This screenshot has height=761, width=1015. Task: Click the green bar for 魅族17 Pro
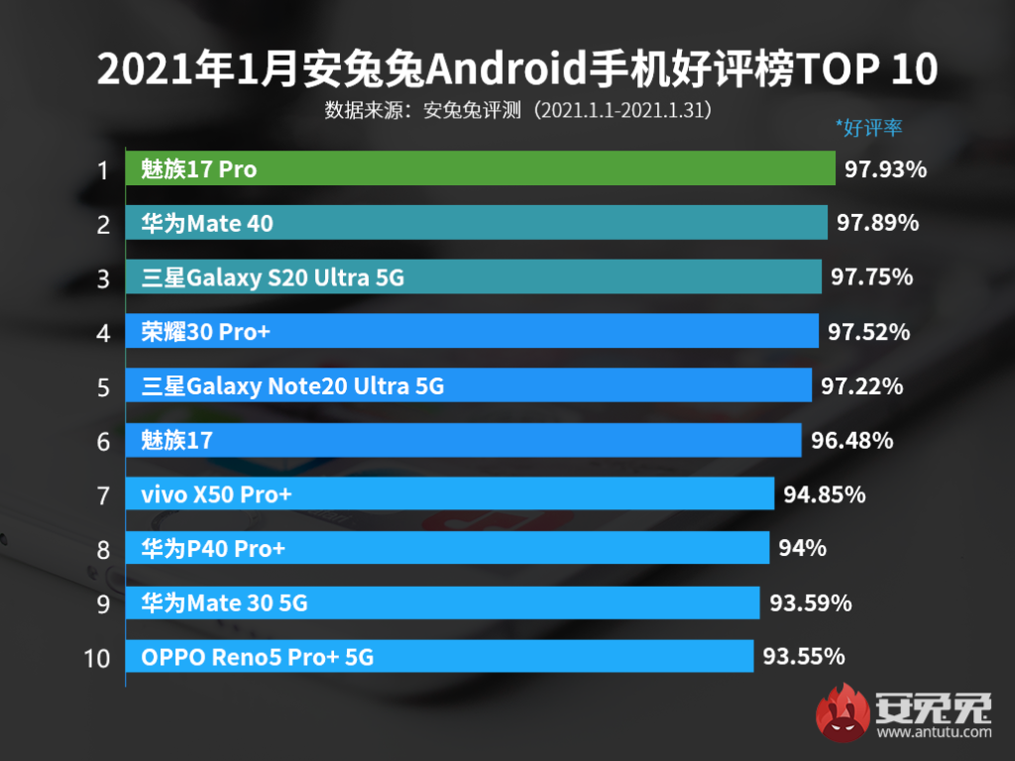click(481, 169)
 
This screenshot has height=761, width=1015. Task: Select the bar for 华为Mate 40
click(477, 224)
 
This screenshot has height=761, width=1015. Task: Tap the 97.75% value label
click(871, 277)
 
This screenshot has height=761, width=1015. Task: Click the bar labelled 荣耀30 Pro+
click(472, 331)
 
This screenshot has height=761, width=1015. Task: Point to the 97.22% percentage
click(861, 385)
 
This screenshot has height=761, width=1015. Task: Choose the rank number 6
click(103, 440)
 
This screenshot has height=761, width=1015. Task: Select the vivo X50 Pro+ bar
click(450, 493)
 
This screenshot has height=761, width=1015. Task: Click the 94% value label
click(802, 547)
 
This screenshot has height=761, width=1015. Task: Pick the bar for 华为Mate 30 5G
click(443, 601)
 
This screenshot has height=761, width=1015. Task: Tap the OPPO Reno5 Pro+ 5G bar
click(439, 656)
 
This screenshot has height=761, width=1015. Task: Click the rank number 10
click(97, 657)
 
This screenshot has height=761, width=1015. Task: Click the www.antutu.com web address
click(933, 733)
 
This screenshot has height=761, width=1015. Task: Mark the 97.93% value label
click(885, 169)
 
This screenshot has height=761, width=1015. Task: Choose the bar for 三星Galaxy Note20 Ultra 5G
click(468, 385)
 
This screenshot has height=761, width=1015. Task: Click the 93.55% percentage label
click(803, 656)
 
